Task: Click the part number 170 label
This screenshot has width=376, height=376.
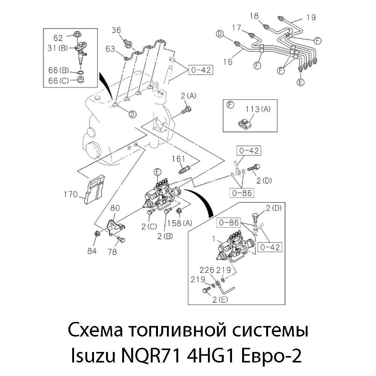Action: pos(70,194)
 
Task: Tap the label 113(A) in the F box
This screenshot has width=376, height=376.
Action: pos(257,109)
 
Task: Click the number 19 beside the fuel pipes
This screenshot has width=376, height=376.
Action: pos(311,17)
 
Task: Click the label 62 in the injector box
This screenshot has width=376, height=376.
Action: pos(58,37)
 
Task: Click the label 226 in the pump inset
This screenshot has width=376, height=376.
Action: pos(206,270)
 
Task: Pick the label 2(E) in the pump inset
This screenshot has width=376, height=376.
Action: pos(220,299)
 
